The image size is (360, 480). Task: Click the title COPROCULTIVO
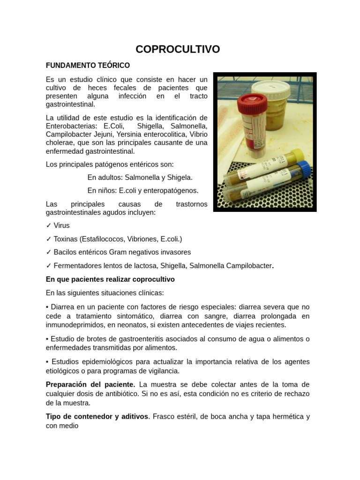[178, 49]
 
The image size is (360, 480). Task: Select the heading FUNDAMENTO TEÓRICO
[88, 65]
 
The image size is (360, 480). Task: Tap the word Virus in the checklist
[61, 225]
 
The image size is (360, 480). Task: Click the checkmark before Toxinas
[49, 239]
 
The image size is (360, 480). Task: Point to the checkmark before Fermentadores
[49, 266]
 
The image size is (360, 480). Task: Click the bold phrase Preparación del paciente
[90, 384]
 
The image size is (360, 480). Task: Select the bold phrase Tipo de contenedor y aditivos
[97, 416]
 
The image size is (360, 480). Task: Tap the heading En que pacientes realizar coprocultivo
[110, 279]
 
